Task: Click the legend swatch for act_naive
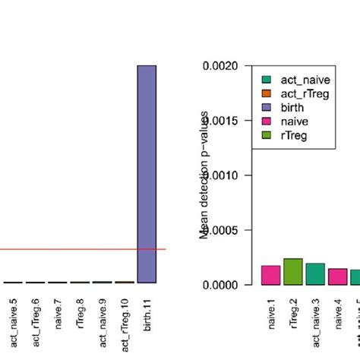tap(265, 79)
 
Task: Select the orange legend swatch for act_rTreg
tap(265, 93)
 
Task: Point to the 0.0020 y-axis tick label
tap(221, 66)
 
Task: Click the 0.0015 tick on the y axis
tap(221, 121)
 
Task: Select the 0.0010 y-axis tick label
tap(221, 175)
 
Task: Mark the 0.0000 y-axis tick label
tap(221, 285)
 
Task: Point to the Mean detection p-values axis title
tap(204, 175)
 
